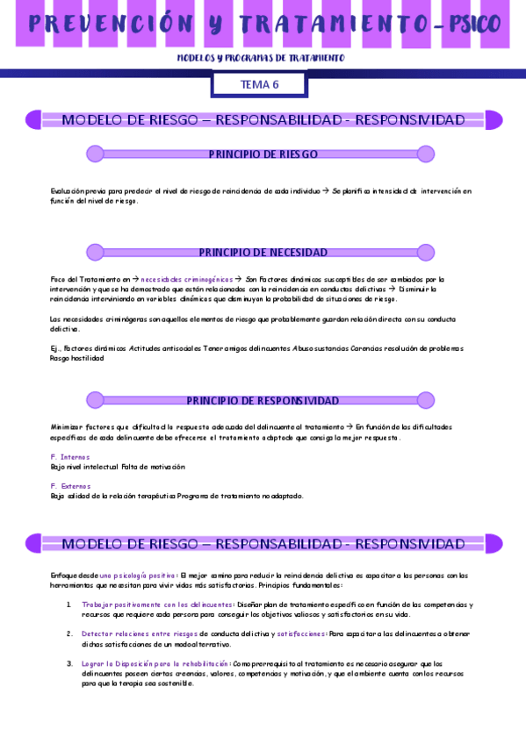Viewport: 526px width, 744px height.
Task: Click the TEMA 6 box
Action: pos(259,84)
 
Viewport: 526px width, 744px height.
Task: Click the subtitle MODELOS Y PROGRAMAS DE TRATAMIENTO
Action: pos(262,58)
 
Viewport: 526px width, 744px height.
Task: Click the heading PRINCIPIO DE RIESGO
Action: pos(263,154)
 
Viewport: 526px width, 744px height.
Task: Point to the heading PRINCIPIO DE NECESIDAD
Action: pos(263,253)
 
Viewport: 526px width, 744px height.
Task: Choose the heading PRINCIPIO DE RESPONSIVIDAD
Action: pos(263,401)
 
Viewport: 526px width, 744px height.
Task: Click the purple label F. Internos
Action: pos(70,457)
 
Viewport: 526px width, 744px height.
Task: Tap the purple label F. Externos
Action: pos(70,486)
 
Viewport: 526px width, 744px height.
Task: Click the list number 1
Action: pos(69,604)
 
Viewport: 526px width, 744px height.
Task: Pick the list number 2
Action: pos(69,633)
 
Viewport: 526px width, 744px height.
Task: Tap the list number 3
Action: pos(69,664)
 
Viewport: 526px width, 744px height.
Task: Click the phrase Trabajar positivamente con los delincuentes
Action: pos(157,604)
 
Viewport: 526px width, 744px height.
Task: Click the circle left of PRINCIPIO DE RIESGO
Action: pos(95,154)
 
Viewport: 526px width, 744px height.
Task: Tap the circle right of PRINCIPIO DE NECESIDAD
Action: pos(426,253)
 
